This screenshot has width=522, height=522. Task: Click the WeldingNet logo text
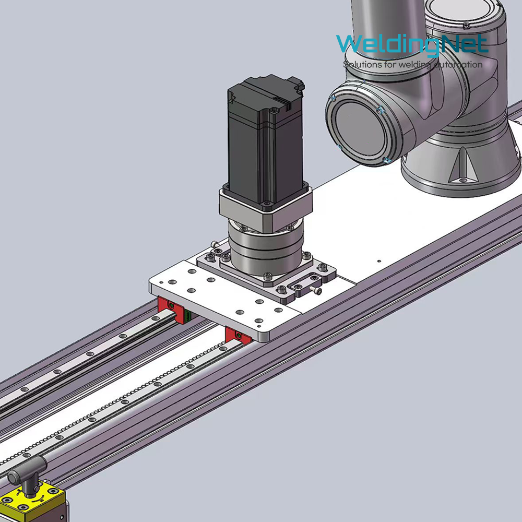click(412, 44)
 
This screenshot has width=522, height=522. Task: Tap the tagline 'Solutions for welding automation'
click(413, 64)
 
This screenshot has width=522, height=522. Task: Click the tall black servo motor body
click(265, 140)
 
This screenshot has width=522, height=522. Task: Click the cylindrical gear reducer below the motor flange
click(266, 246)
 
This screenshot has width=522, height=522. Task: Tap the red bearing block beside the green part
click(171, 310)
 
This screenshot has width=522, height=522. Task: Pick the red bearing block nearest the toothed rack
click(238, 335)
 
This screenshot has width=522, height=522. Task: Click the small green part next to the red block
click(188, 316)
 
